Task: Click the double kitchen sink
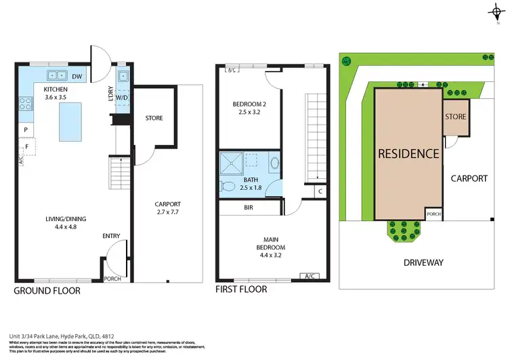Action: pos(56,76)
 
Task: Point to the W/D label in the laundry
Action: pos(122,97)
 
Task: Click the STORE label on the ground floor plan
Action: pos(154,118)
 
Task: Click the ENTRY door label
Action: pos(111,236)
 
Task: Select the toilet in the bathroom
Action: pos(229,186)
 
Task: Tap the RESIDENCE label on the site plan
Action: pos(408,153)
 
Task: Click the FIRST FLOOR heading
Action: pos(241,289)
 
